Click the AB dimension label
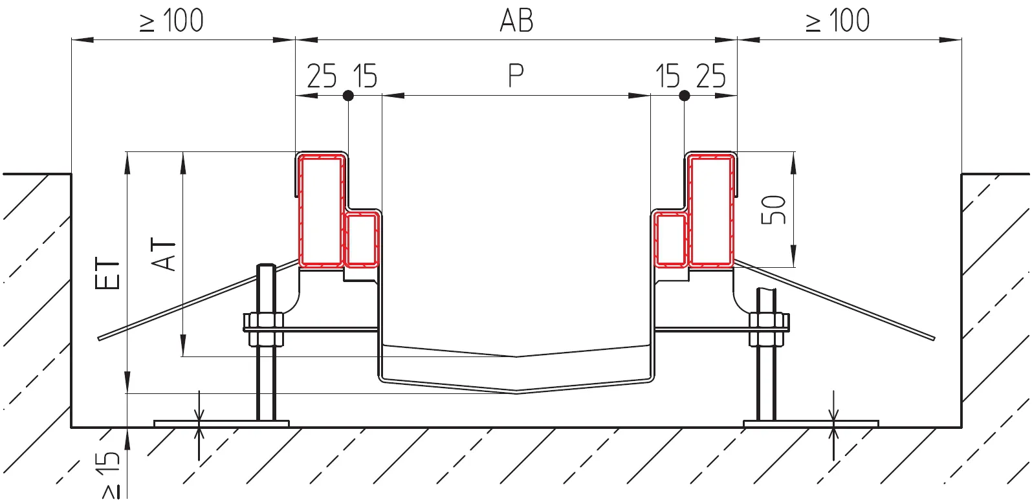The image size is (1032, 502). [516, 21]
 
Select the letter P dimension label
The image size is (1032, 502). [516, 76]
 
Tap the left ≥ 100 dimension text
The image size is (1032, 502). [171, 21]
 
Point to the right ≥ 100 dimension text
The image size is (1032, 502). [838, 21]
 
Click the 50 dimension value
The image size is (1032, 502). [773, 210]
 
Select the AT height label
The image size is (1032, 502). [164, 255]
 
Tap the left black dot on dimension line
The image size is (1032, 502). [348, 96]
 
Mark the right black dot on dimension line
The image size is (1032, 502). [685, 96]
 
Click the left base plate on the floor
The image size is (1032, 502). [221, 424]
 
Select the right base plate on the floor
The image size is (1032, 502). [811, 424]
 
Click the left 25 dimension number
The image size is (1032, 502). [322, 76]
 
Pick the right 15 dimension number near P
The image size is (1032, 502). [668, 76]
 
